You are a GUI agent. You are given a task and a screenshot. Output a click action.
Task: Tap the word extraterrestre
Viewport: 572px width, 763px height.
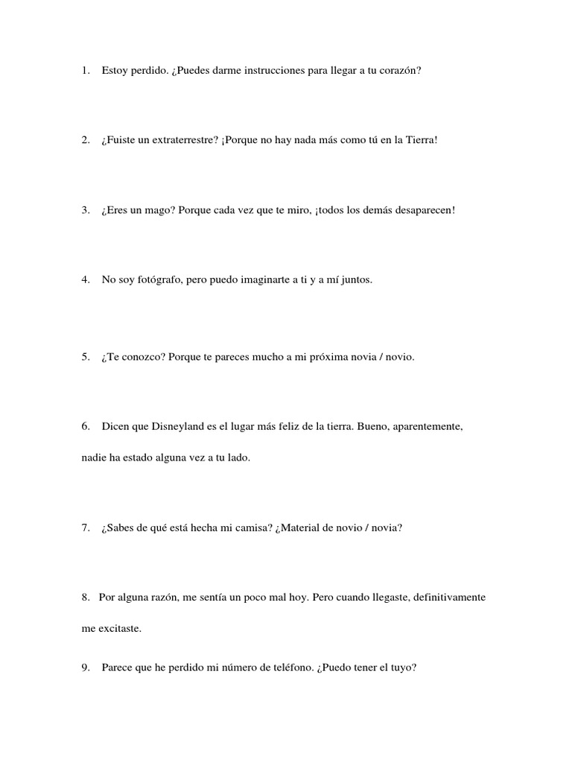tap(182, 140)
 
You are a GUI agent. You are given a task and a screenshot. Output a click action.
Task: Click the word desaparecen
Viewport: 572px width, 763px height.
tap(423, 210)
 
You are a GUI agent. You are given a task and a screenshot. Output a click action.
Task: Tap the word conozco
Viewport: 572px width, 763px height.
tap(142, 357)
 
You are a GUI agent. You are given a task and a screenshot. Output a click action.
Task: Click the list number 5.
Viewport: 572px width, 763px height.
tap(86, 357)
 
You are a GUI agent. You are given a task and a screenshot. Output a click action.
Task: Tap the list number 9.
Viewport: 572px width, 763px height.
tap(86, 668)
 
